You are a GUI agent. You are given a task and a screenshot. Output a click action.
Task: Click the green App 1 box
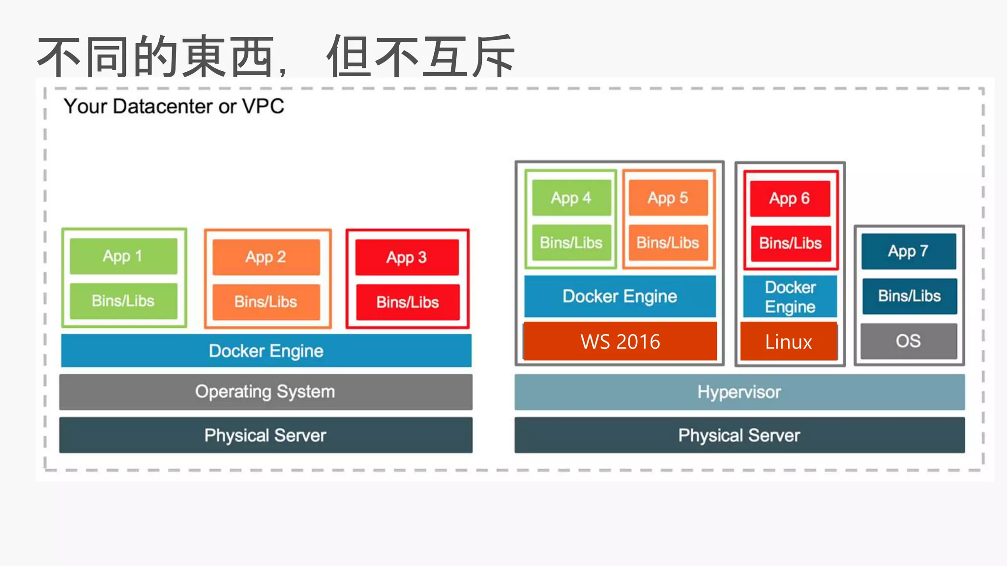pos(123,256)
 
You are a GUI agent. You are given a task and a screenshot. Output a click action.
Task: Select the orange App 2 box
pos(266,257)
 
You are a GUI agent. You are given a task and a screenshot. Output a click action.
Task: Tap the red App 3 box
pos(407,257)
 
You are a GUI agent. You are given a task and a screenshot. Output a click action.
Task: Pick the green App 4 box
pos(571,198)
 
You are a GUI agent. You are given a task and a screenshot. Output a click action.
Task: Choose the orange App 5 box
pos(668,198)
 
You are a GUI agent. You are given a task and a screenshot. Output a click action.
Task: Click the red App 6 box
pos(790,198)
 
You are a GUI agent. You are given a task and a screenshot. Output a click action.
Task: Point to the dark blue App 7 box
pos(909,251)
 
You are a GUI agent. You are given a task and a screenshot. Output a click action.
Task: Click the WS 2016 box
pos(621,341)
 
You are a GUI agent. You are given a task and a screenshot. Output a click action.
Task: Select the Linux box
pos(789,341)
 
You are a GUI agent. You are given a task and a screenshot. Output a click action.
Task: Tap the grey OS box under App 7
pos(909,341)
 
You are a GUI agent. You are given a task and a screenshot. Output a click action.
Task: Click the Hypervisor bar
pos(740,392)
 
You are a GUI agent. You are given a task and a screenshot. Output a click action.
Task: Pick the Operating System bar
pos(266,392)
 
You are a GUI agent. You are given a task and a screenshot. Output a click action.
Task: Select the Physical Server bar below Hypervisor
pos(740,435)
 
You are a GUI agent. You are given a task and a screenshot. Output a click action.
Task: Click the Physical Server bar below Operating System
pos(266,435)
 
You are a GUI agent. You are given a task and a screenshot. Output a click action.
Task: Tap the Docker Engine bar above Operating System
pos(266,351)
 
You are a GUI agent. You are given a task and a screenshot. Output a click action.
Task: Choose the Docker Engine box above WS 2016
pos(620,296)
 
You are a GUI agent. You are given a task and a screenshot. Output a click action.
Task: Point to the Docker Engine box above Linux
pos(790,297)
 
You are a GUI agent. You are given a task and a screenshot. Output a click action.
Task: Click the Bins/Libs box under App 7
pos(910,296)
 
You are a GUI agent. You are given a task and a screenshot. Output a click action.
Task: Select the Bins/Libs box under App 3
pos(408,302)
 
